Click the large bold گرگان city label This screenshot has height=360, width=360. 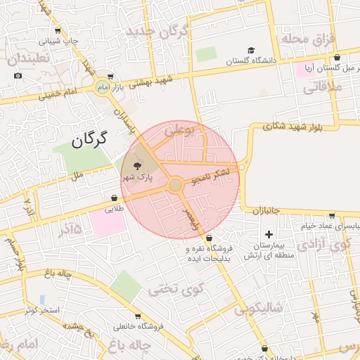[x=89, y=138]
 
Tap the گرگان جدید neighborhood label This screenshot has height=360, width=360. [x=157, y=32]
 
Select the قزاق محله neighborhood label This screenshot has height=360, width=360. [x=309, y=39]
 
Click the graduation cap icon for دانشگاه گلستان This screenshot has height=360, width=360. [x=251, y=51]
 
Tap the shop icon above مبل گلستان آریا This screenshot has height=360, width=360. [x=337, y=58]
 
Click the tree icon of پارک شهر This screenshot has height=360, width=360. [x=134, y=165]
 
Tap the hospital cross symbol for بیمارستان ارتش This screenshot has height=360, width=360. [x=268, y=233]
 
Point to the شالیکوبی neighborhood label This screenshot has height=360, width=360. [x=258, y=307]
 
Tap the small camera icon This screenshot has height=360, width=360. [x=18, y=76]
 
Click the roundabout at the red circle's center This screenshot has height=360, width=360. [x=175, y=185]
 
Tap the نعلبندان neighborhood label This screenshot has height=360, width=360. [x=30, y=59]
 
